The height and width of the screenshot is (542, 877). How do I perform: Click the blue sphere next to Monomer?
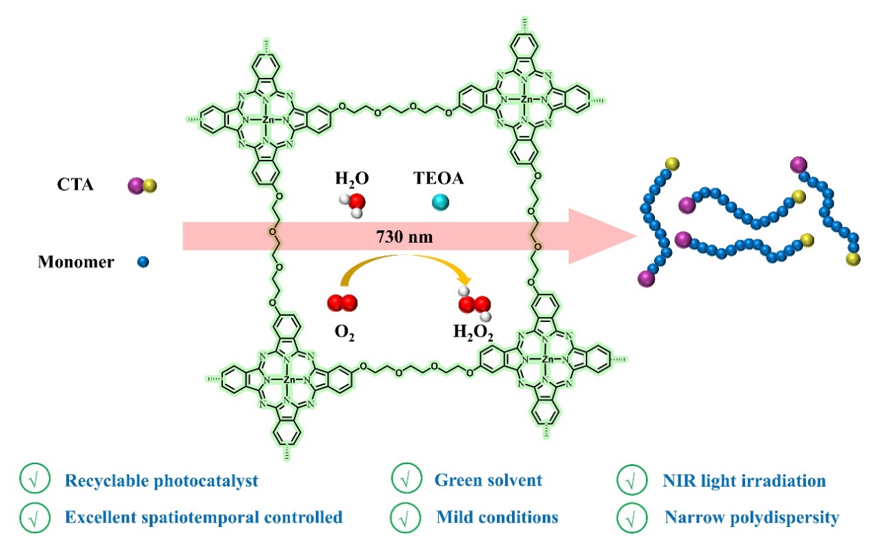(x=143, y=262)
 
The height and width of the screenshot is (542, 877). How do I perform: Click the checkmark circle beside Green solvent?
(x=402, y=480)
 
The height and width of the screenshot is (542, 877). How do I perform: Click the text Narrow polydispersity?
(x=751, y=517)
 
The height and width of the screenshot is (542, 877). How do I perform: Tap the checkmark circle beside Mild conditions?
(x=402, y=517)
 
